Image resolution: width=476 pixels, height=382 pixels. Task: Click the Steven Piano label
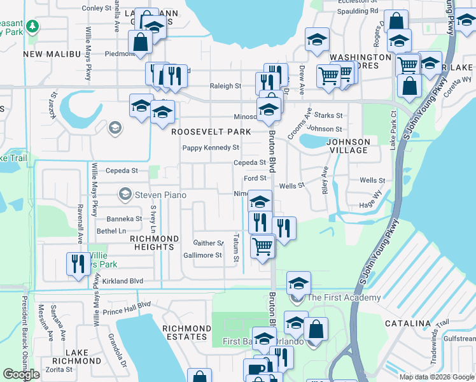pos(161,194)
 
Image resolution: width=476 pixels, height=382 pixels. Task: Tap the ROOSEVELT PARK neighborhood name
pos(211,132)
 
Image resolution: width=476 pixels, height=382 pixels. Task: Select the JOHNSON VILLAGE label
pos(348,146)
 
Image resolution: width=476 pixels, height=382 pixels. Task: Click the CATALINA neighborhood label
pos(408,323)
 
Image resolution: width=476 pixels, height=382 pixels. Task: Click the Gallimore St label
pos(202,255)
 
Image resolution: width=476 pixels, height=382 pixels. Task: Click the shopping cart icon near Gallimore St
pos(262,245)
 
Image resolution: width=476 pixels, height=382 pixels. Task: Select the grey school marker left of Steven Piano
pos(125,194)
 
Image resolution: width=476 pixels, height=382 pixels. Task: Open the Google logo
pos(21,374)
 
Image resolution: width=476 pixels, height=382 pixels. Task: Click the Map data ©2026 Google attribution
pos(436,377)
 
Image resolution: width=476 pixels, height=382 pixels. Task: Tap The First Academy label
pos(344,297)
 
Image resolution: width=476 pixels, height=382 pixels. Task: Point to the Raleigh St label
pos(226,86)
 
